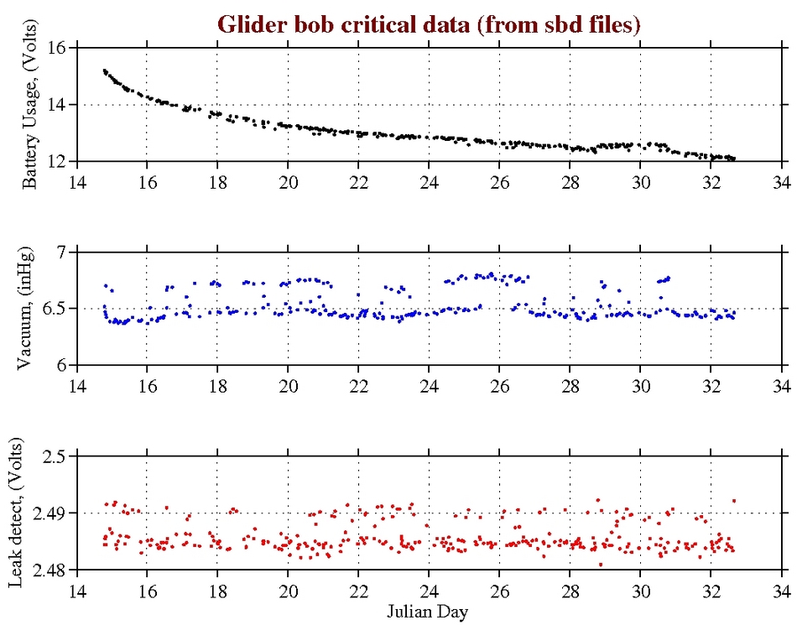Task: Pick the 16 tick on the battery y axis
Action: (57, 48)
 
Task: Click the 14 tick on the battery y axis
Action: (57, 105)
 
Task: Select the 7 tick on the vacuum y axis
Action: (62, 253)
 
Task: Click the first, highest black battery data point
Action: (104, 71)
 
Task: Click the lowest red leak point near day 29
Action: (601, 565)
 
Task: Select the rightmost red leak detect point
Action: (734, 501)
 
